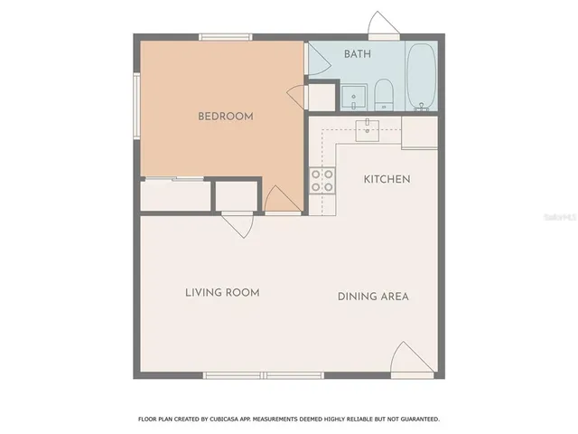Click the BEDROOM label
[225, 116]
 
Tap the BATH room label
[358, 54]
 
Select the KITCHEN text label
[387, 179]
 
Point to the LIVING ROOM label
[222, 292]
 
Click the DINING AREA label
[373, 296]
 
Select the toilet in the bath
[383, 94]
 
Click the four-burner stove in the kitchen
[322, 181]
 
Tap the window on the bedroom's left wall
[136, 105]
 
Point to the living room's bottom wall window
[263, 375]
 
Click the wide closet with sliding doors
[175, 196]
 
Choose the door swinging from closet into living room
[238, 222]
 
